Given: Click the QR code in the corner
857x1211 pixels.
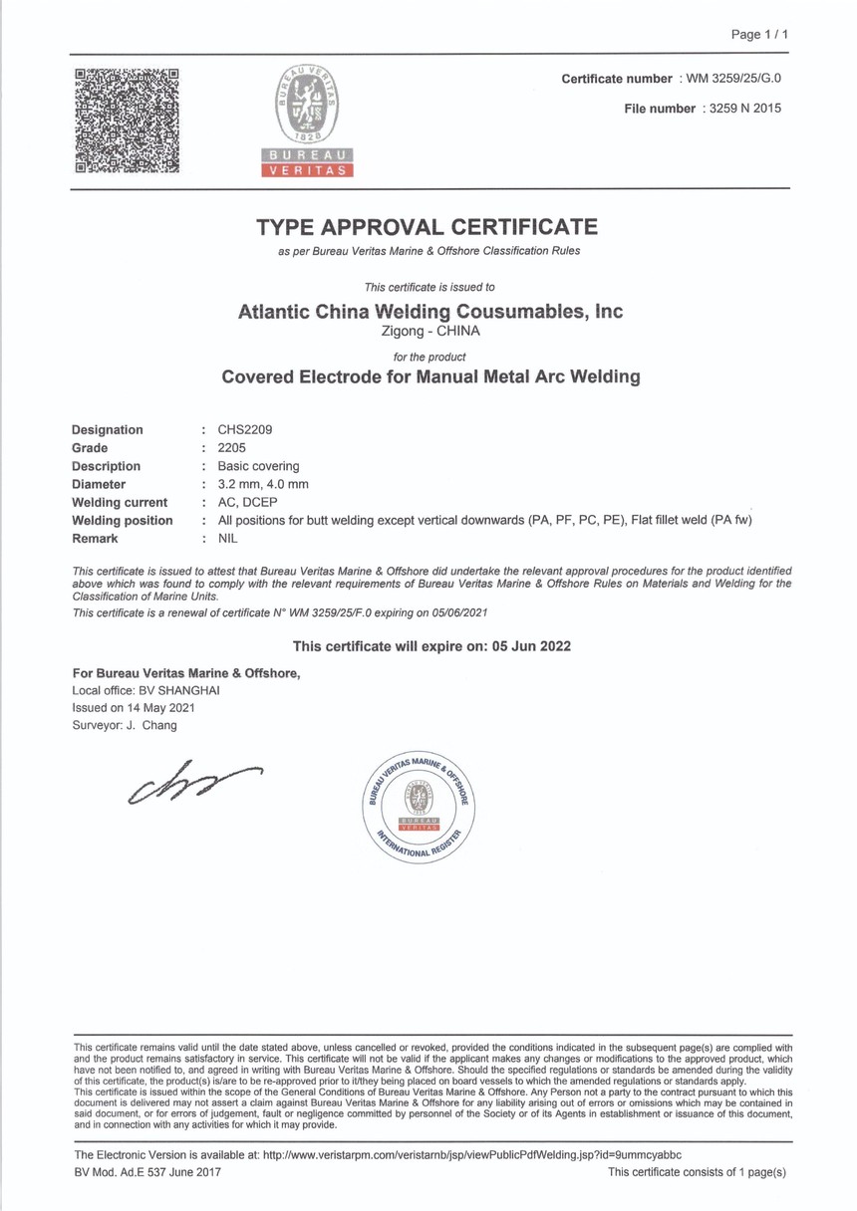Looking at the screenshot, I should tap(128, 120).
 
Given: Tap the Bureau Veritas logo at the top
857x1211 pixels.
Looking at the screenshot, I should tap(307, 120).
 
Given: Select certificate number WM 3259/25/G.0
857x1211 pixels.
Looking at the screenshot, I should tap(740, 78).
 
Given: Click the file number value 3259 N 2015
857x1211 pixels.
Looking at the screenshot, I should tap(741, 109).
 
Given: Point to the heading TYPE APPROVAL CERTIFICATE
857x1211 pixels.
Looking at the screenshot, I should tap(428, 226).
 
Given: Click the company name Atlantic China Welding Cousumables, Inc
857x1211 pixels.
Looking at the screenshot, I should tap(430, 312).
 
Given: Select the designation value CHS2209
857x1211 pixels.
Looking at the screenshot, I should tap(237, 430).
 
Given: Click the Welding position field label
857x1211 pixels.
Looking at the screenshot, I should tap(122, 520).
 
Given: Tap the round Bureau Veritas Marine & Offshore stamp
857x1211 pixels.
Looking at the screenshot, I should tap(418, 806).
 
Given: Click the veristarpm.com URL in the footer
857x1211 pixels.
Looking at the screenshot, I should tap(471, 1154).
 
